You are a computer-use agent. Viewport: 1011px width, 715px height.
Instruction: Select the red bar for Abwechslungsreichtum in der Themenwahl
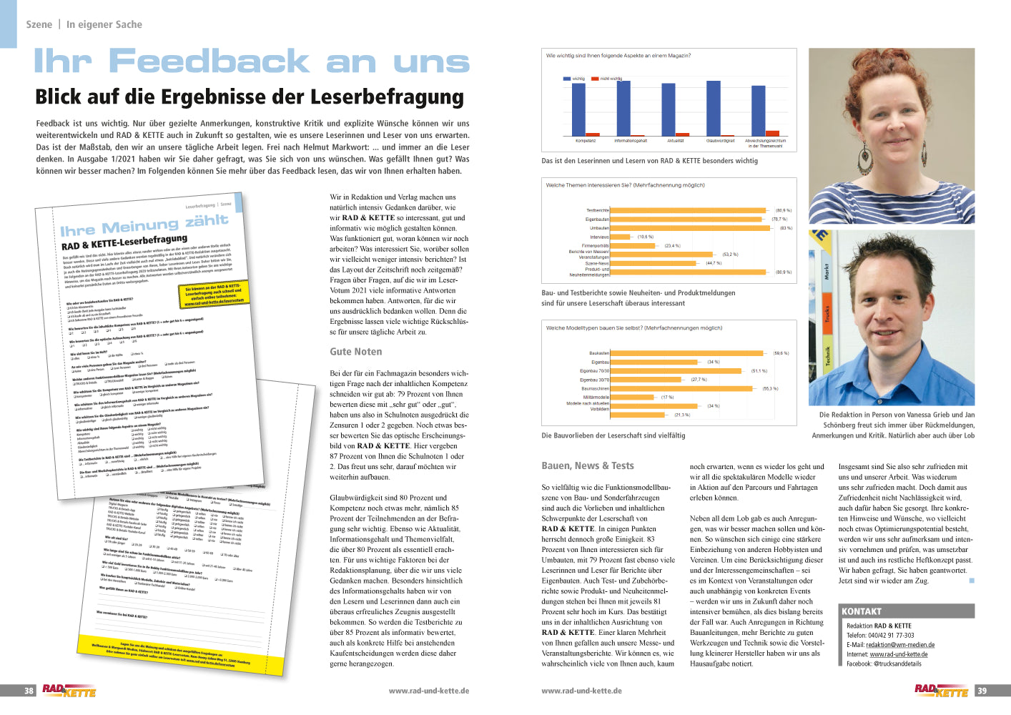click(772, 133)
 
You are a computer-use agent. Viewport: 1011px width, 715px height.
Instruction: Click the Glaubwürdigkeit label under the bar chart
click(720, 141)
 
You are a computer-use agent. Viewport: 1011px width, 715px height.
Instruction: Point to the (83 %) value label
click(786, 228)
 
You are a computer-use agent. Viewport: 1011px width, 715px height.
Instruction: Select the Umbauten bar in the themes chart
click(690, 228)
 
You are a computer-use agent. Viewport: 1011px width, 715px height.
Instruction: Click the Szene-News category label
click(597, 263)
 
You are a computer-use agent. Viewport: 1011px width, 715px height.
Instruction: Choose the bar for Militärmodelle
click(633, 397)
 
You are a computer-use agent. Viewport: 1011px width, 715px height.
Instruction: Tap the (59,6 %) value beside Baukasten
click(781, 353)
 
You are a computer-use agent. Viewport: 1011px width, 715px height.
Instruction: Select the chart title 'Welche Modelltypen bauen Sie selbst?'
click(633, 328)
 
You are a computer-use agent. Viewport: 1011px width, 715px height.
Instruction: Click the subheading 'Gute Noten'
click(356, 352)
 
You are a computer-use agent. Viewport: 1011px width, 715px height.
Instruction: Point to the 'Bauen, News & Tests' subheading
click(588, 465)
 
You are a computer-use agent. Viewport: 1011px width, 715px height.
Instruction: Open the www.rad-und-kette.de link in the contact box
click(899, 654)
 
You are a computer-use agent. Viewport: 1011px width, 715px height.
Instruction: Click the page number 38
click(29, 691)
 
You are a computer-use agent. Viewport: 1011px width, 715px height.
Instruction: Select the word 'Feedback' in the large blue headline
click(209, 61)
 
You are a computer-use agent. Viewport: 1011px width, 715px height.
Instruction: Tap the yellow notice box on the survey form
click(212, 295)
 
